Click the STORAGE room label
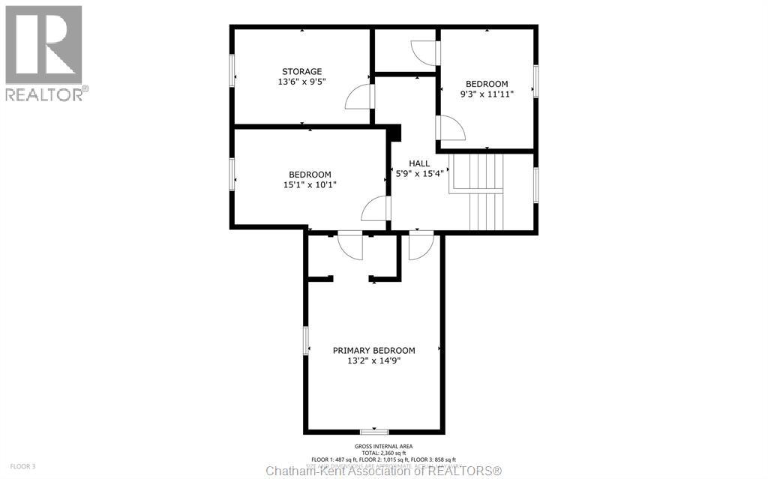click(x=302, y=72)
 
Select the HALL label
click(x=419, y=163)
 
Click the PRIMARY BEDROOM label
click(x=373, y=350)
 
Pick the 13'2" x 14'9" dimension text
click(x=373, y=361)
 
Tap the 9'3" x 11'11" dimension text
click(x=487, y=94)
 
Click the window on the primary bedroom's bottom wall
click(x=373, y=432)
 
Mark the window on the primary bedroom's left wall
click(x=305, y=340)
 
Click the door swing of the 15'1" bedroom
click(x=375, y=209)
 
